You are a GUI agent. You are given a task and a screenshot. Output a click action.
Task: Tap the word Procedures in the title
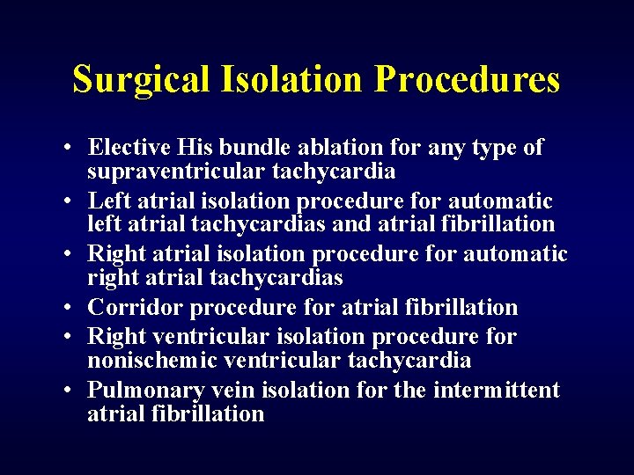(x=467, y=79)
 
